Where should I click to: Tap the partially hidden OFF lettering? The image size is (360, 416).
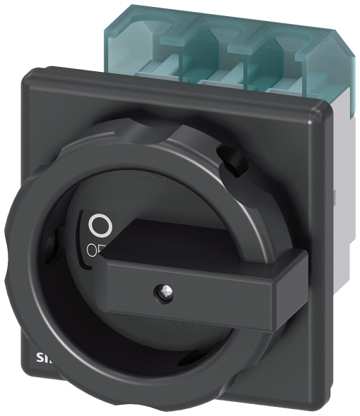coord(94,249)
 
